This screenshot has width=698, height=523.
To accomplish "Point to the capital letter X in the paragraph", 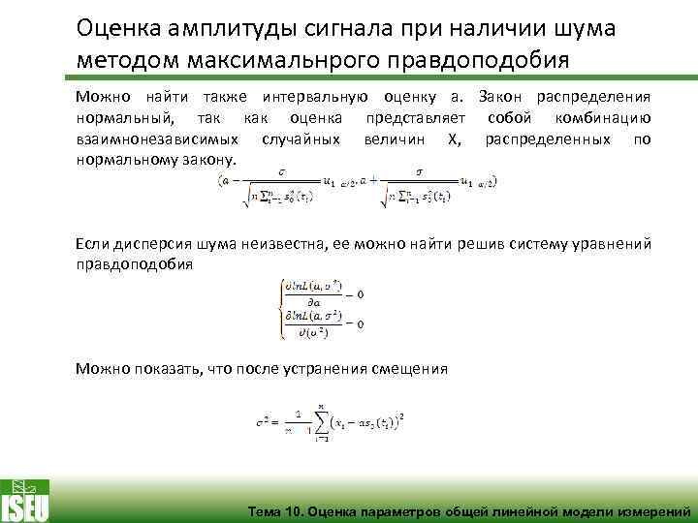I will click(447, 139).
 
